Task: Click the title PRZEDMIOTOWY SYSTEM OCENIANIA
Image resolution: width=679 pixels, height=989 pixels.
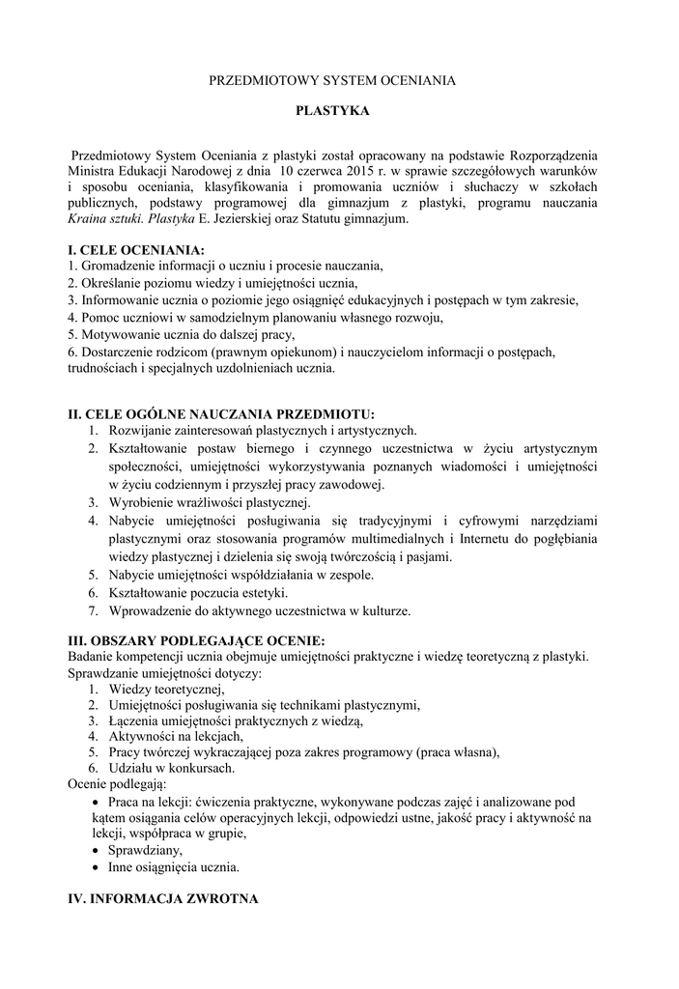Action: tap(332, 82)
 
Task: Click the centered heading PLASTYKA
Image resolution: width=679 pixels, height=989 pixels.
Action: tap(332, 112)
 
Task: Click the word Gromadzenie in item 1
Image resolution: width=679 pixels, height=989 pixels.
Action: tap(120, 267)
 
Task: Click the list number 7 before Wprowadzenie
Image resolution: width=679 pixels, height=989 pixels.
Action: tap(93, 610)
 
